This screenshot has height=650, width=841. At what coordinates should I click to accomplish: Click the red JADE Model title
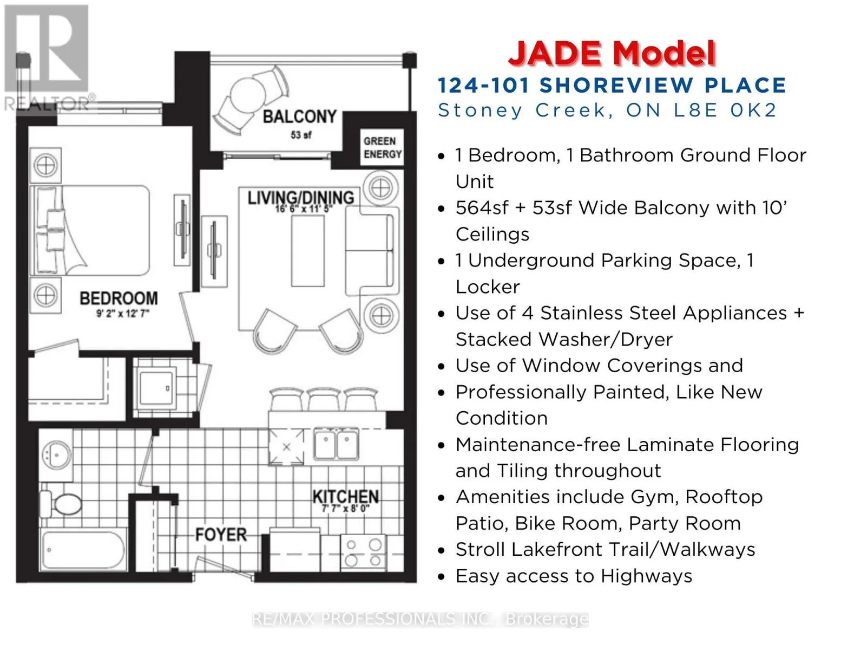pyautogui.click(x=612, y=54)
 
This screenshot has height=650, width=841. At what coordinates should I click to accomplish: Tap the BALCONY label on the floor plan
pyautogui.click(x=300, y=116)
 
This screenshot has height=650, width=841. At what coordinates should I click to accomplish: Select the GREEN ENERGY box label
pyautogui.click(x=382, y=147)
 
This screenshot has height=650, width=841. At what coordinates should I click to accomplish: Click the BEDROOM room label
pyautogui.click(x=119, y=298)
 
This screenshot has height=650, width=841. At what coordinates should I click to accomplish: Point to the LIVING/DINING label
pyautogui.click(x=301, y=198)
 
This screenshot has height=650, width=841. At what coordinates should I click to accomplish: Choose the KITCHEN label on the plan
pyautogui.click(x=346, y=497)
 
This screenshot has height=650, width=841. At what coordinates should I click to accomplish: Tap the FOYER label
pyautogui.click(x=221, y=535)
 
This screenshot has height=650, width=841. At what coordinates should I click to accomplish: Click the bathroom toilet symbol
pyautogui.click(x=61, y=504)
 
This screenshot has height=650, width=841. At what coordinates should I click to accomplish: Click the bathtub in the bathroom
pyautogui.click(x=83, y=550)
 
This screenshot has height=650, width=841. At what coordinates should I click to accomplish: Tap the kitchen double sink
pyautogui.click(x=336, y=444)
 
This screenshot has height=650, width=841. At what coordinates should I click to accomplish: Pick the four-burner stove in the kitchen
pyautogui.click(x=363, y=552)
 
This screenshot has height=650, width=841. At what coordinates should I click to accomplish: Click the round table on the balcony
pyautogui.click(x=248, y=96)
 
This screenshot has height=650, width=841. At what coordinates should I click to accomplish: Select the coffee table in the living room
pyautogui.click(x=308, y=251)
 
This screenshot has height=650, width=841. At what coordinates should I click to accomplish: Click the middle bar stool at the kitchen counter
pyautogui.click(x=324, y=399)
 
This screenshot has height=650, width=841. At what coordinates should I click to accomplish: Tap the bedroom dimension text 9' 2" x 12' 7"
pyautogui.click(x=122, y=313)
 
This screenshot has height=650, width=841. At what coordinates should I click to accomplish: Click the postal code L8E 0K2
pyautogui.click(x=725, y=110)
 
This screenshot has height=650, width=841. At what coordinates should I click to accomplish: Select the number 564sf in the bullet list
pyautogui.click(x=482, y=207)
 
